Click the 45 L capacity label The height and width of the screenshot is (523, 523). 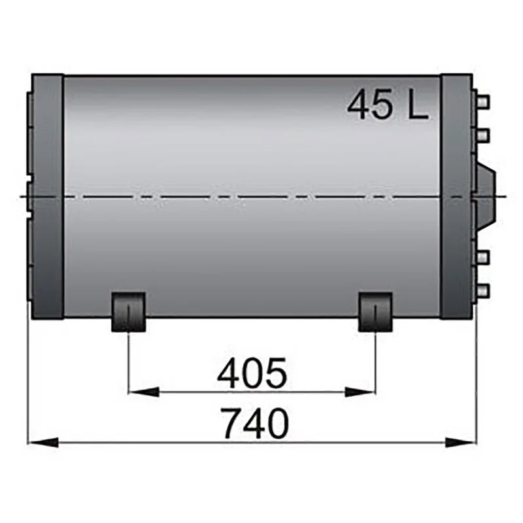click(x=388, y=105)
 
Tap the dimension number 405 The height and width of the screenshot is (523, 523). click(x=252, y=373)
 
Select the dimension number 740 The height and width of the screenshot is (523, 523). click(x=255, y=423)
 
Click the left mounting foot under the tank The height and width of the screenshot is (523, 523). click(x=128, y=312)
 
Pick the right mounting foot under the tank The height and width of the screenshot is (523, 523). click(x=375, y=312)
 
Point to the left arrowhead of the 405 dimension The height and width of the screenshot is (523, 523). click(x=143, y=392)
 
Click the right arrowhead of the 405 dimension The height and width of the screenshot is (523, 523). click(x=360, y=392)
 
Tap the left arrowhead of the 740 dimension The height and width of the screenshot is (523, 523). click(x=42, y=443)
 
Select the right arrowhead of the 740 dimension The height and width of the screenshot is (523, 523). click(x=460, y=443)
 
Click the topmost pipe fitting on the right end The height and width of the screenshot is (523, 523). click(x=483, y=101)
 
